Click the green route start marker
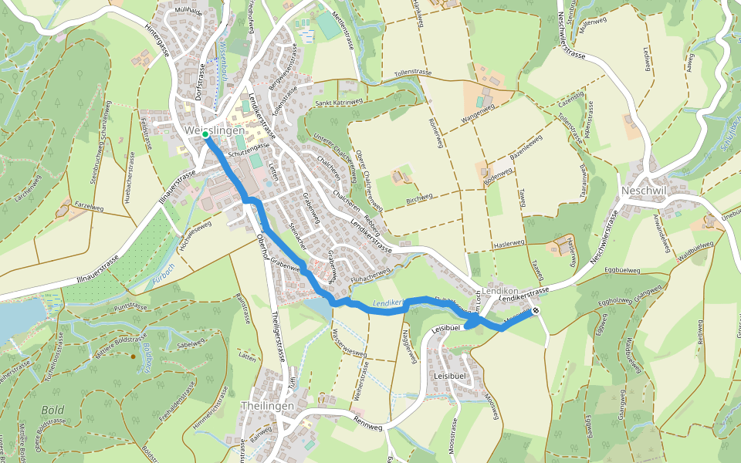coord(206,134)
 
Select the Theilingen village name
coord(267,406)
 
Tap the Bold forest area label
coord(52,410)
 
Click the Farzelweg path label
coord(88,208)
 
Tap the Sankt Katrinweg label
coord(338,101)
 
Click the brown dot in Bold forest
coord(134,357)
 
